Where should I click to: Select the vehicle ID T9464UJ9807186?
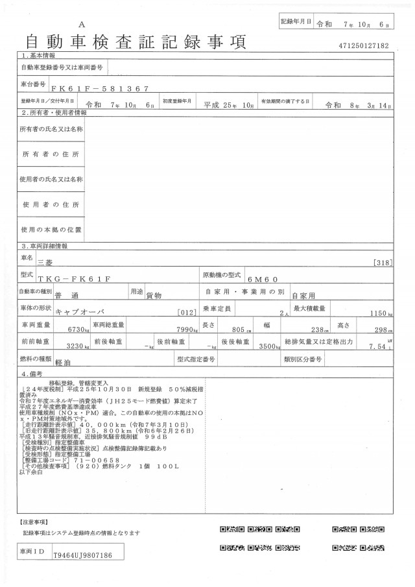click(83, 555)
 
